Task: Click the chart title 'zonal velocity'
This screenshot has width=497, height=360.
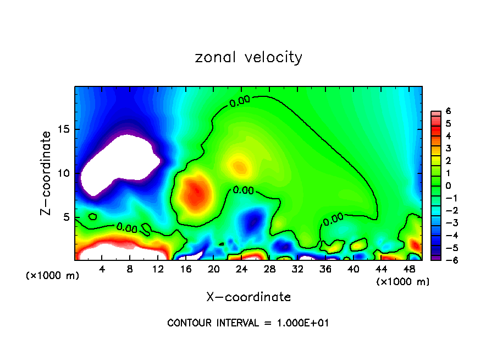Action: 248,57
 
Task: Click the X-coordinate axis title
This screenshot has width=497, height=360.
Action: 248,297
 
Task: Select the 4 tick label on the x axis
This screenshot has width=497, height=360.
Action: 102,269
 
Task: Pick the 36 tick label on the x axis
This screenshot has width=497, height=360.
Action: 325,269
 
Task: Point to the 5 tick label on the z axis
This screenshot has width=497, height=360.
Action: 67,217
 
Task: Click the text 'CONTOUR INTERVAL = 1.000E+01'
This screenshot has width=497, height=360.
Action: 248,323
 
